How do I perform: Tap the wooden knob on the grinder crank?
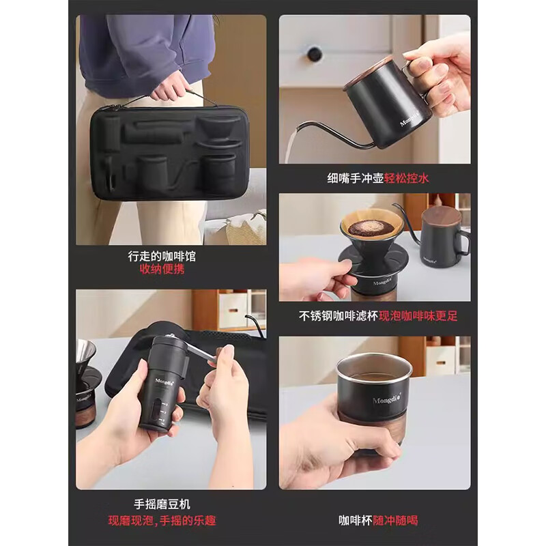(224, 353)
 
